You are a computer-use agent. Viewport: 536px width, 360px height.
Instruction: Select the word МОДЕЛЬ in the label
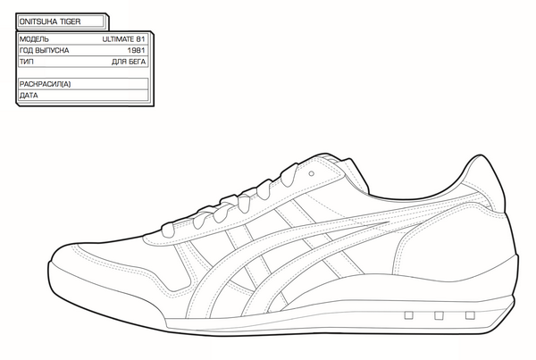pos(33,39)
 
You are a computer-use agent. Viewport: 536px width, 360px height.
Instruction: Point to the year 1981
pos(137,51)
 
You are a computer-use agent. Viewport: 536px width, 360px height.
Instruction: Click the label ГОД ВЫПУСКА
pos(44,51)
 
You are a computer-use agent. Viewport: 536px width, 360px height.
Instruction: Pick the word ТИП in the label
pos(27,63)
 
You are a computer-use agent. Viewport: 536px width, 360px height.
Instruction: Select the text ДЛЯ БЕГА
pos(129,63)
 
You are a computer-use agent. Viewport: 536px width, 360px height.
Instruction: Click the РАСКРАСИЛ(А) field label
pos(45,83)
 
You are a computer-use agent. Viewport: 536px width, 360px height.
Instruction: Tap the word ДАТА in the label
pos(29,95)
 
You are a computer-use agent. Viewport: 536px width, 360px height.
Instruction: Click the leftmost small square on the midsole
pos(409,315)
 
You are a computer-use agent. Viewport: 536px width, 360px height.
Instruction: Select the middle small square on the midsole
pos(439,315)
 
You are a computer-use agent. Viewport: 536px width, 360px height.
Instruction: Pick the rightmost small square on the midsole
pos(468,315)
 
